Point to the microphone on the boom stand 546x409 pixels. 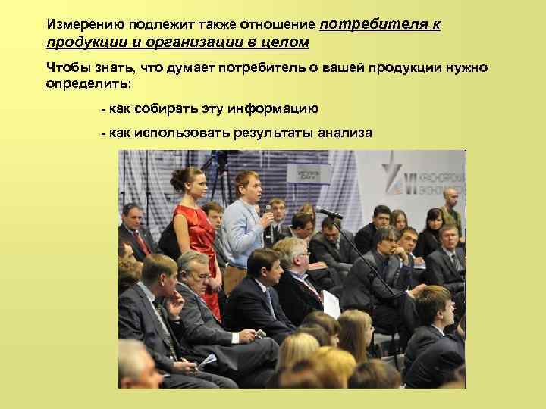click(x=328, y=213)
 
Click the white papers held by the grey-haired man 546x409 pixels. click(x=331, y=303)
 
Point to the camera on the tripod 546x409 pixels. click(x=221, y=159)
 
